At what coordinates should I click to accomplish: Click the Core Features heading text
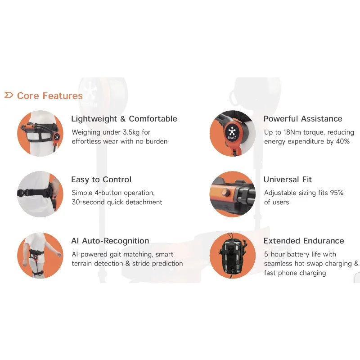coord(49,96)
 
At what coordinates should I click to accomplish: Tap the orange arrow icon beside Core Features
coord(9,95)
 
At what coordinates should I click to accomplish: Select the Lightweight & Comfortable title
coord(124,119)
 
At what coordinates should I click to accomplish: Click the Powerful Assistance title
coord(302,119)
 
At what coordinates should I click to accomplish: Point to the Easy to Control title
coord(101,180)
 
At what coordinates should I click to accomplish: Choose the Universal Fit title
coord(288,180)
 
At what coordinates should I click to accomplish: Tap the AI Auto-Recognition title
coord(110,241)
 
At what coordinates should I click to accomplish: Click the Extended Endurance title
coord(303,241)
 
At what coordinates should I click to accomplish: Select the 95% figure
coord(335,193)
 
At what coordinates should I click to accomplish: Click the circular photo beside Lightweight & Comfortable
coord(40,133)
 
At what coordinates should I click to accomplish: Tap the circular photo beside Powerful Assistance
coord(232,133)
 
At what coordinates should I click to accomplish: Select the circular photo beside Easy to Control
coord(40,194)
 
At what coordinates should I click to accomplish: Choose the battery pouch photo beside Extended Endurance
coord(232,256)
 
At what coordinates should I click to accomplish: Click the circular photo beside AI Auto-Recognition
coord(40,255)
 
